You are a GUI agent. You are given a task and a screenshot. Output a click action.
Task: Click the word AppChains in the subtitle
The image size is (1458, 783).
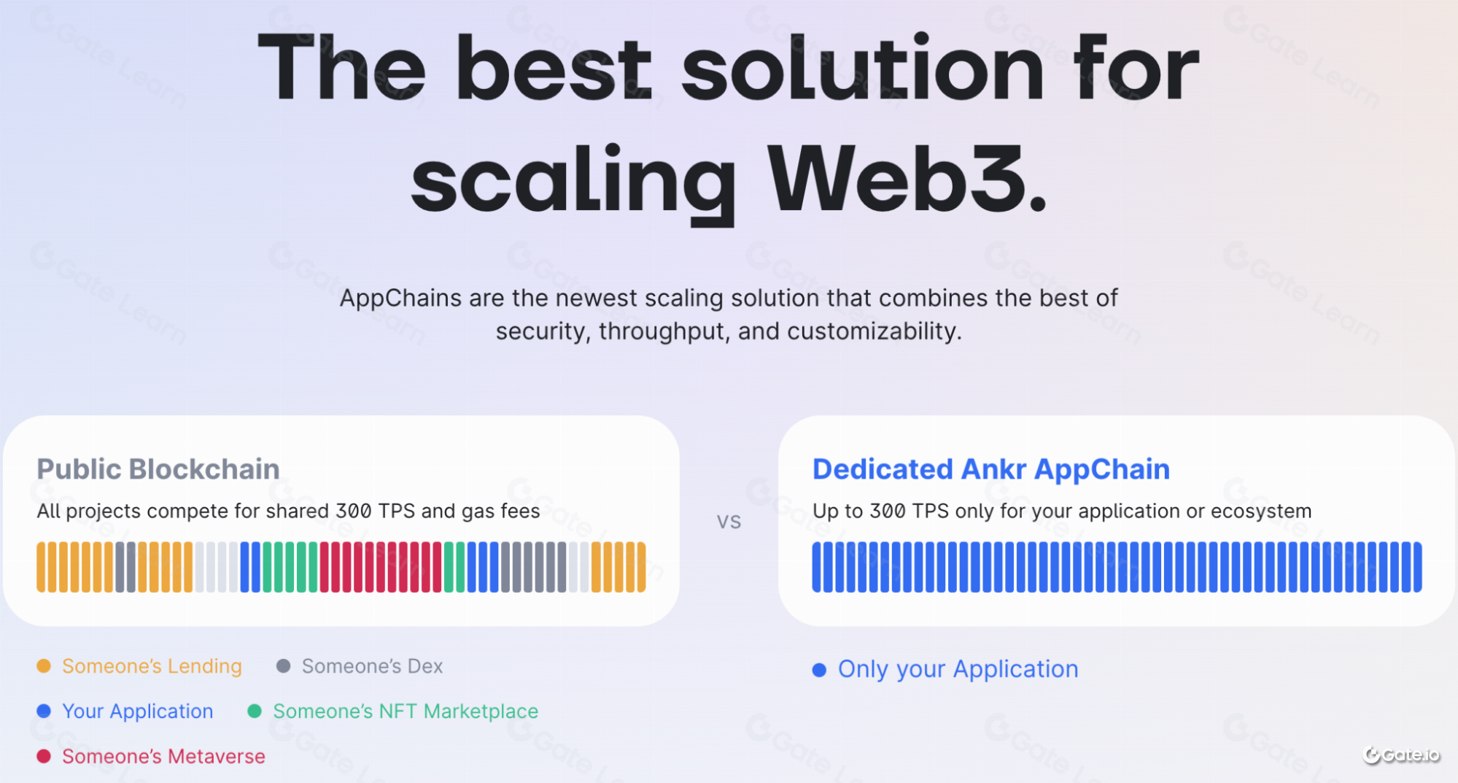(400, 298)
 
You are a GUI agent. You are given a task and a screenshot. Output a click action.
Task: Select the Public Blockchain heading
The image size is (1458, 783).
(158, 469)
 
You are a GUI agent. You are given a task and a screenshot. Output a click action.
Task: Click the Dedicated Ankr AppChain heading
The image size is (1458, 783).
(991, 469)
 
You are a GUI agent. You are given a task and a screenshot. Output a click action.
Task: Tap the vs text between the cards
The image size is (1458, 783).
(729, 521)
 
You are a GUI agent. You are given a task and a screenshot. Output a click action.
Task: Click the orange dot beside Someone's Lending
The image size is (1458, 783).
(44, 666)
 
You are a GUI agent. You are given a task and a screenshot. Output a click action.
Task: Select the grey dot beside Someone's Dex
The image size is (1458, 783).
(284, 666)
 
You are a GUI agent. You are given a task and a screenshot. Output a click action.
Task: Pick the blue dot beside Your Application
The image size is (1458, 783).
(44, 711)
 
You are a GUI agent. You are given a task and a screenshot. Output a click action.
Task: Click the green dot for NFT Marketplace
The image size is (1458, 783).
(255, 711)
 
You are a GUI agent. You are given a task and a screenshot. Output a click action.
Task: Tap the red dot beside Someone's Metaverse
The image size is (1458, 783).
(44, 756)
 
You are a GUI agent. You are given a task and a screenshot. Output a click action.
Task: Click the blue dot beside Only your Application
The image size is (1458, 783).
(819, 670)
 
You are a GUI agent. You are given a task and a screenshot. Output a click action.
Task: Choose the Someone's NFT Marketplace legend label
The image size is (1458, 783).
(406, 711)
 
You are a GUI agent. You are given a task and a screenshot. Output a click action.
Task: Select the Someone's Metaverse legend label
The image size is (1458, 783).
(163, 756)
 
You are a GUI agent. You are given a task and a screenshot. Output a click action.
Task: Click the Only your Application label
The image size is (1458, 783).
(958, 669)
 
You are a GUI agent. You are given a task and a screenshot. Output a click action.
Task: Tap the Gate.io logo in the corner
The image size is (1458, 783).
(1401, 755)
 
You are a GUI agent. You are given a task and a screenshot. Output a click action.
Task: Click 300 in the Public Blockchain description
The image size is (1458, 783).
(354, 511)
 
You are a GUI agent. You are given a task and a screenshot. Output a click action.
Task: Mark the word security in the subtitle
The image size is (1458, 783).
(543, 332)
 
